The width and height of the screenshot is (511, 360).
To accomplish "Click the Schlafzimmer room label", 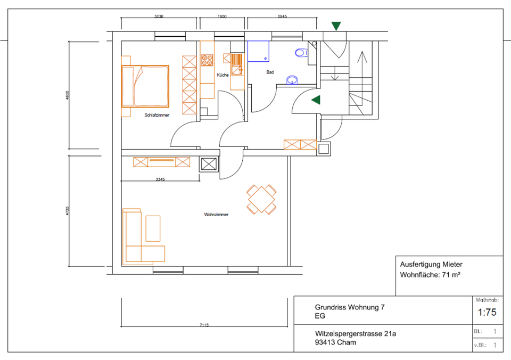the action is click(156, 115).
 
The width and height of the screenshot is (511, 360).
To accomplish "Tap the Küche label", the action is click(222, 75).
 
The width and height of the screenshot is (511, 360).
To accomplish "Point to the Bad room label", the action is click(270, 72).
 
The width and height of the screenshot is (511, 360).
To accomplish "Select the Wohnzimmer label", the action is click(216, 215).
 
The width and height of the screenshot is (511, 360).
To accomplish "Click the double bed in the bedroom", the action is click(145, 86).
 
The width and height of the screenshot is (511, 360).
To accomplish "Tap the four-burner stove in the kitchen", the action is click(207, 60).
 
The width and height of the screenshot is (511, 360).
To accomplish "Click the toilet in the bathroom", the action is click(301, 53).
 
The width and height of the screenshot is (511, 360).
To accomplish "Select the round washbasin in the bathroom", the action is click(292, 80).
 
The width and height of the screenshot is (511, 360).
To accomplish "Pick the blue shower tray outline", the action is click(259, 51).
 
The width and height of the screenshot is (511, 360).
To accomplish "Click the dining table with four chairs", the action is click(261, 199).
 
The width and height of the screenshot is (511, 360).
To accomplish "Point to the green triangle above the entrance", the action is click(336, 26).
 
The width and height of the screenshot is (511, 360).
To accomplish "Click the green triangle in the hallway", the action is click(316, 100).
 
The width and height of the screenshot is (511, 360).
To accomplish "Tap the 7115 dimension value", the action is click(204, 325).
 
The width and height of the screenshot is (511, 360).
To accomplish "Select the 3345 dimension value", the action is click(160, 179).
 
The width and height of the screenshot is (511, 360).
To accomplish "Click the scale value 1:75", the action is click(487, 313).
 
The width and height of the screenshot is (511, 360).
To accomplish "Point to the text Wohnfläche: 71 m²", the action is click(430, 275).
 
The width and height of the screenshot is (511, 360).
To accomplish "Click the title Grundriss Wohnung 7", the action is click(350, 307).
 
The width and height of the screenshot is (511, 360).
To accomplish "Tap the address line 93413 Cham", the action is click(335, 342).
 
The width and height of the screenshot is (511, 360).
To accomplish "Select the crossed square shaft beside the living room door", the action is click(209, 164).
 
